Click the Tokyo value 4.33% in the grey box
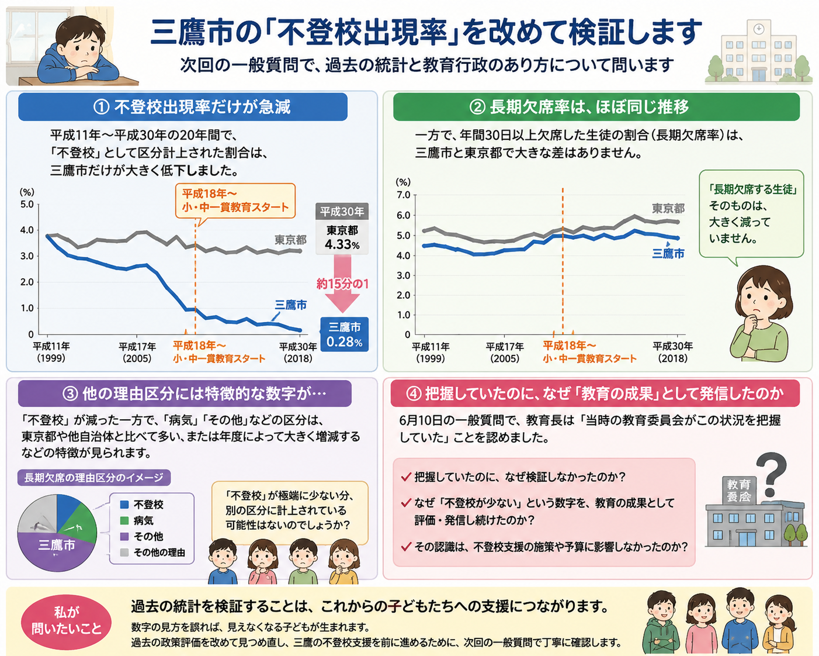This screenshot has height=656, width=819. click(342, 244)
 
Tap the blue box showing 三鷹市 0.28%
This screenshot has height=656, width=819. click(345, 334)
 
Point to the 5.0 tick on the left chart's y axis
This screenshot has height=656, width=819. click(27, 204)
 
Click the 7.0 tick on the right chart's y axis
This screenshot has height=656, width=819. click(404, 195)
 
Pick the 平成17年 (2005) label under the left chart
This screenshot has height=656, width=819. click(137, 353)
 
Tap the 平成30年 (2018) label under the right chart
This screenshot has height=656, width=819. click(672, 353)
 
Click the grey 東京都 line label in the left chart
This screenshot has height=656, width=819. click(290, 240)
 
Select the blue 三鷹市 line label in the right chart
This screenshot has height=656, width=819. click(668, 254)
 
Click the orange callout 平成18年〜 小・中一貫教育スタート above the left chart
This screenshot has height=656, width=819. click(235, 201)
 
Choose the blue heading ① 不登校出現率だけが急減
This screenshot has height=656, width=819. click(183, 106)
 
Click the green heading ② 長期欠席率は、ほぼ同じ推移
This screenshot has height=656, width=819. click(596, 106)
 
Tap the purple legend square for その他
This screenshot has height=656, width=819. click(124, 536)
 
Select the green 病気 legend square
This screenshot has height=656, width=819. click(124, 520)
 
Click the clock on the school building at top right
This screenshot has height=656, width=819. click(759, 29)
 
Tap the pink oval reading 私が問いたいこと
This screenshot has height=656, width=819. click(66, 620)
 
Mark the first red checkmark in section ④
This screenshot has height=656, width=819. click(406, 477)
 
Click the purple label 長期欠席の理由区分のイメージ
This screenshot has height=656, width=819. click(94, 478)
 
